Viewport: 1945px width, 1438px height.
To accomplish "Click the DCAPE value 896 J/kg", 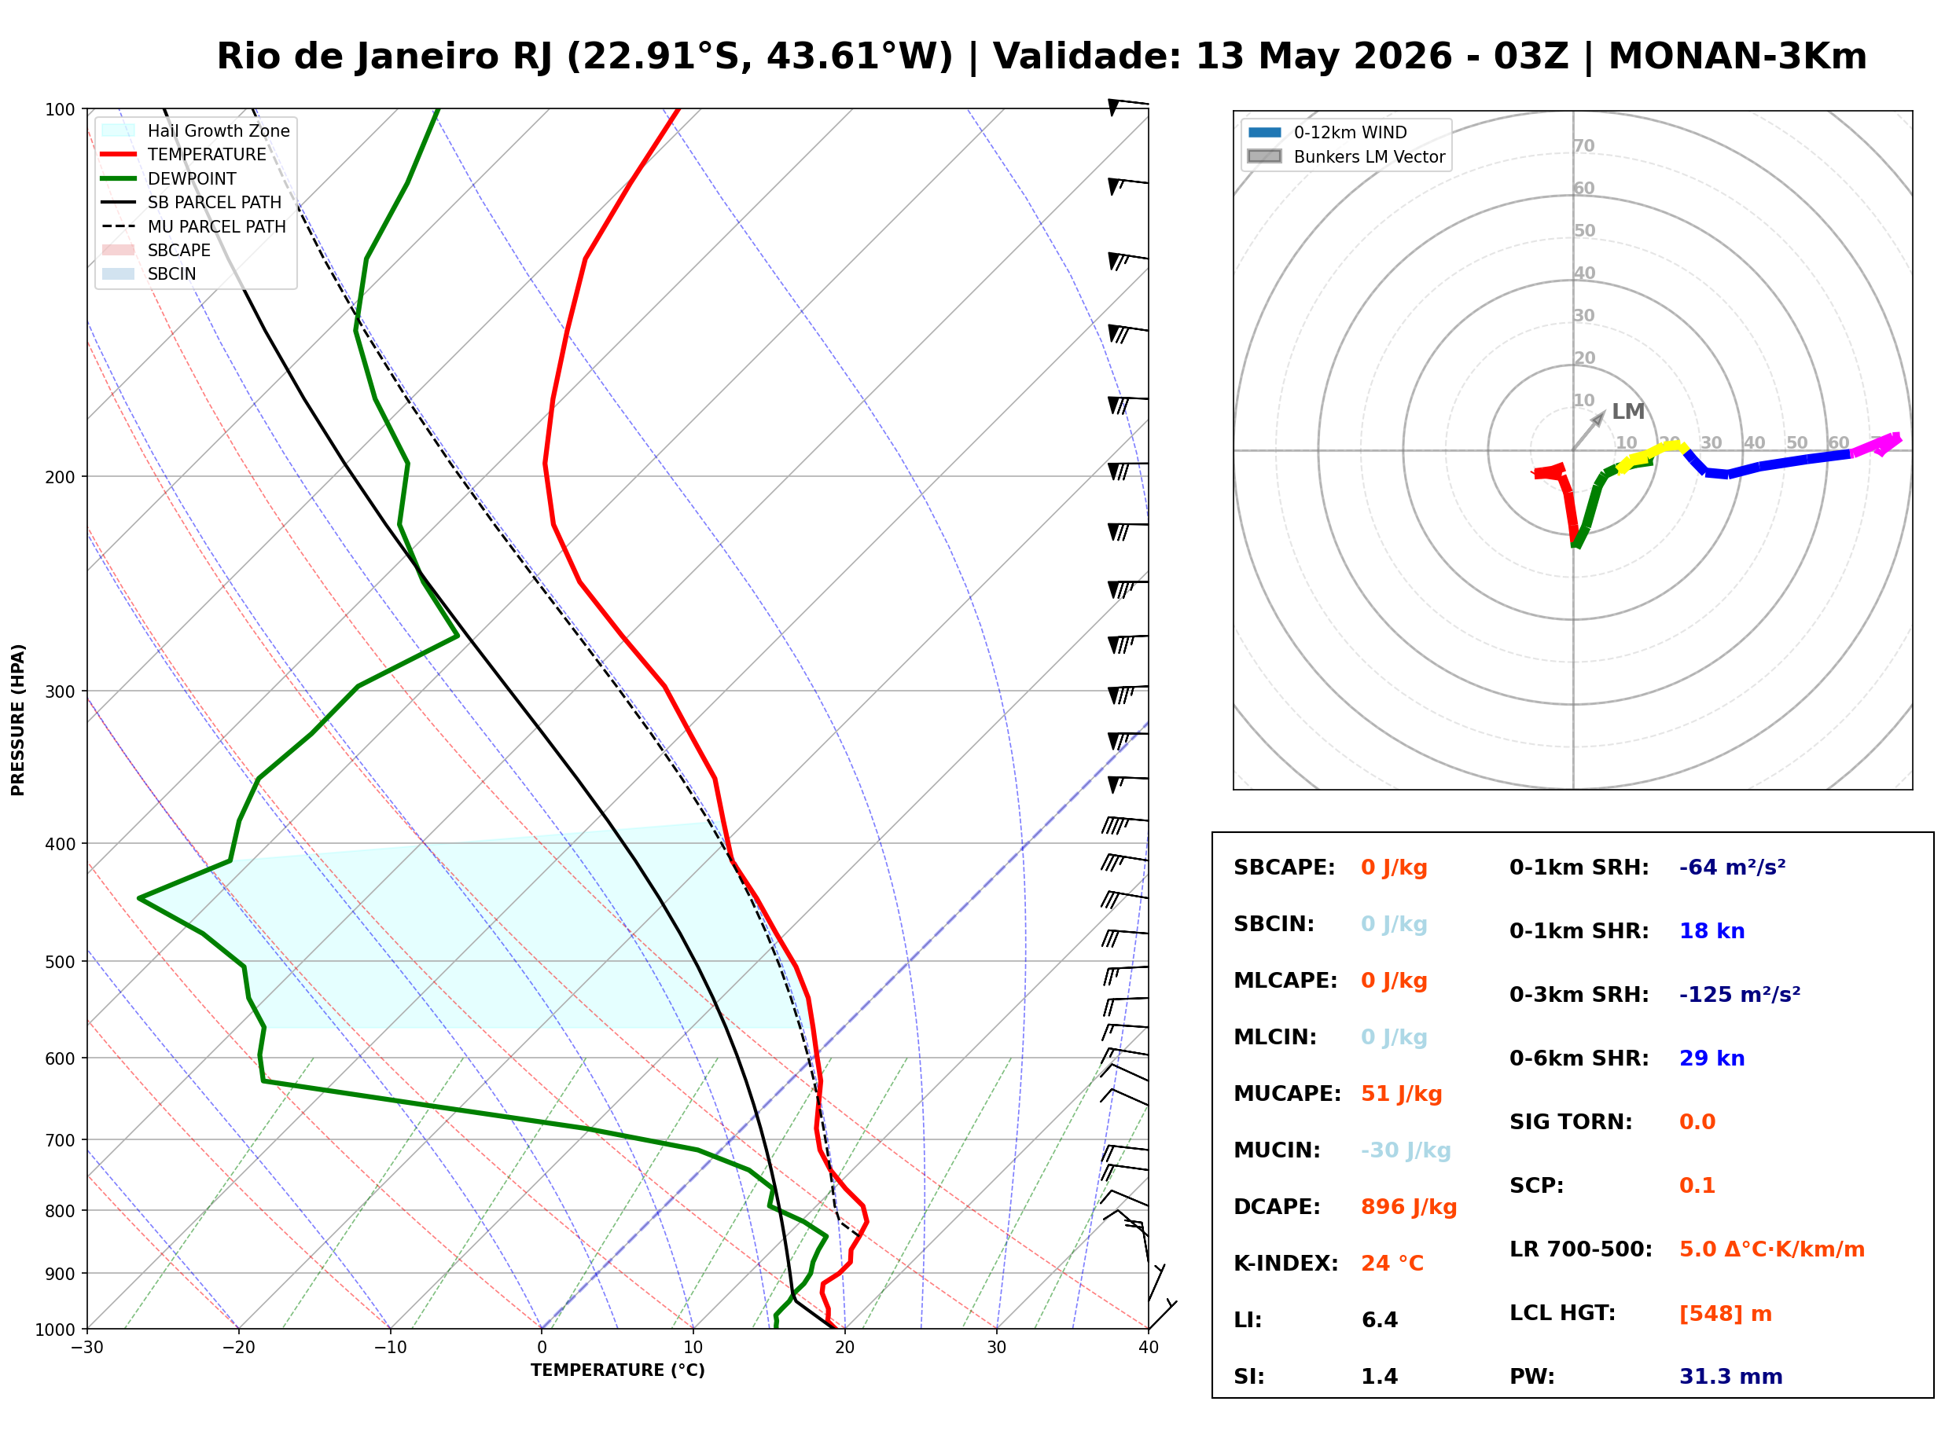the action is click(x=1409, y=1207).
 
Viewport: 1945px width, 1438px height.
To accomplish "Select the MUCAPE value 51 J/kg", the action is click(x=1402, y=1094).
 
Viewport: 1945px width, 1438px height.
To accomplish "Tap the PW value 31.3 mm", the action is click(x=1731, y=1377).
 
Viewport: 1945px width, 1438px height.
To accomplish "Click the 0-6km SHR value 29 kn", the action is click(x=1712, y=1058).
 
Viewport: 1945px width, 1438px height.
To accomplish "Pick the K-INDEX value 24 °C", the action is click(x=1392, y=1264).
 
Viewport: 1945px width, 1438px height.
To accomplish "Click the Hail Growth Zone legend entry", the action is click(x=196, y=130).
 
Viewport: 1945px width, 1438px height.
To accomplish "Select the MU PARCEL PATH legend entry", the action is click(x=194, y=226).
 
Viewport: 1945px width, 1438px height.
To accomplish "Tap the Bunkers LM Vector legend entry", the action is click(x=1346, y=156).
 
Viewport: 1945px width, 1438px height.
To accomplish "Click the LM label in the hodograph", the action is click(x=1627, y=412).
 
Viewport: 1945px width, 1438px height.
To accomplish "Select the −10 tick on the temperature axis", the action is click(x=389, y=1348).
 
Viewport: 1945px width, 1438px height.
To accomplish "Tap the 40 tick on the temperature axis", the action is click(x=1148, y=1348).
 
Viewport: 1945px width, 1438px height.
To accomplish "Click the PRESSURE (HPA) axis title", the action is click(x=18, y=720).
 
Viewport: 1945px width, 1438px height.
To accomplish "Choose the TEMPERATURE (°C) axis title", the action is click(x=617, y=1370).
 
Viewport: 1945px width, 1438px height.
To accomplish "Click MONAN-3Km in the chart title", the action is click(x=1737, y=57).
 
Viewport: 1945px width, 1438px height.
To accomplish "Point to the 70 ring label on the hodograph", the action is click(x=1583, y=145).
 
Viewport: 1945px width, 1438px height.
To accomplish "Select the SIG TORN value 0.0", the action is click(x=1697, y=1122).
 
